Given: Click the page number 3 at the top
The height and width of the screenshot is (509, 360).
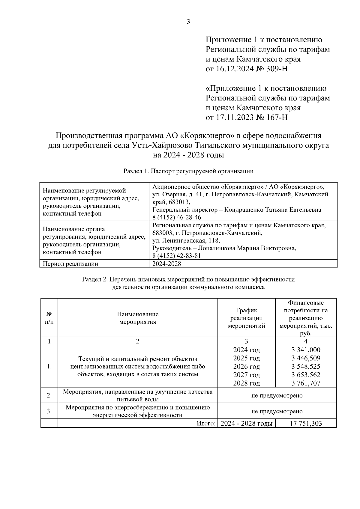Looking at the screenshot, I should click(x=188, y=22).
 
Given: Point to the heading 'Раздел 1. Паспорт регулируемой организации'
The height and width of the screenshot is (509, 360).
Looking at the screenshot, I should click(x=188, y=171).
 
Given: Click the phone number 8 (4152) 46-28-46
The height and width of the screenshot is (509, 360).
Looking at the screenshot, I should click(x=177, y=217).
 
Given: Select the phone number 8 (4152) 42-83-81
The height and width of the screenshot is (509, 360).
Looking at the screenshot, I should click(x=177, y=256).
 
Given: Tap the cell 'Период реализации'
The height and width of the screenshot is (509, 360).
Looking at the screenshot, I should click(x=70, y=264).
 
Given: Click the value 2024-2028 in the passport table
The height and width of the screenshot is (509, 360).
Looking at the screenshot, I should click(x=166, y=264).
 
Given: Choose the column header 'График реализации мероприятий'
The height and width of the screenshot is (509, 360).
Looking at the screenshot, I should click(x=246, y=318).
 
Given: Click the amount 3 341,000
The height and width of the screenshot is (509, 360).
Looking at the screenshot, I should click(x=306, y=350).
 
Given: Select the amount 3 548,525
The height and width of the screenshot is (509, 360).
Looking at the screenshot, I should click(x=306, y=366).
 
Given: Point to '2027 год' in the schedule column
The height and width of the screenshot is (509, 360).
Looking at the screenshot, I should click(x=246, y=375).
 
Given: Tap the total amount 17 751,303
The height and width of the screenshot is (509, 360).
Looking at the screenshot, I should click(x=306, y=423).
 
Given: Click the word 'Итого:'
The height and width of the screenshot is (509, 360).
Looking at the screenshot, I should click(x=206, y=423).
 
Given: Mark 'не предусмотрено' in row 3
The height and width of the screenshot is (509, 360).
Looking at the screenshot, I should click(x=277, y=411).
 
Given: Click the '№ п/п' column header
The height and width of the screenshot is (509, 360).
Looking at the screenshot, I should click(x=49, y=318).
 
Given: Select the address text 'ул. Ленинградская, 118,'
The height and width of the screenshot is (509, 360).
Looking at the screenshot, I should click(x=186, y=240).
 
